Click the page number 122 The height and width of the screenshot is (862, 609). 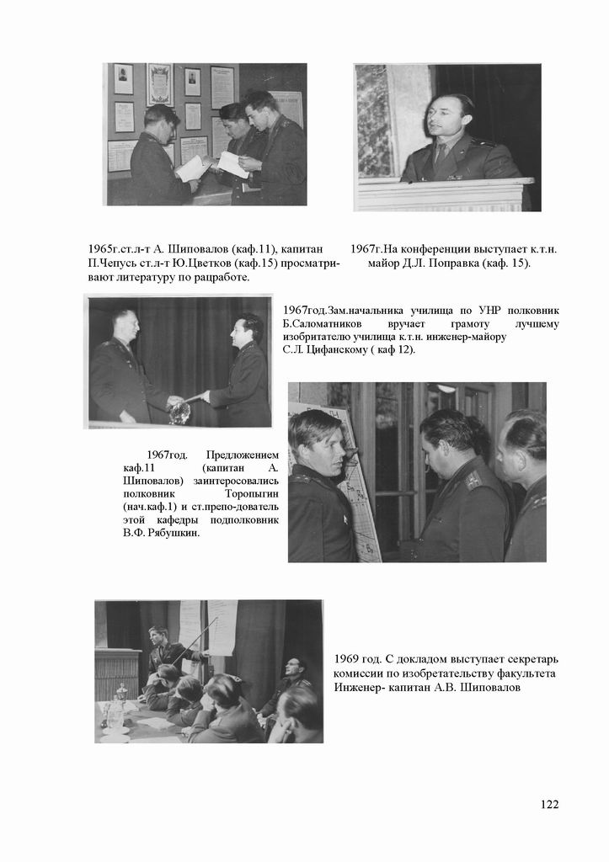(549, 804)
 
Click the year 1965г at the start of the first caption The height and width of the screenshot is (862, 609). (105, 249)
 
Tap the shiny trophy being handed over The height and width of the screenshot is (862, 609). (179, 412)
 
